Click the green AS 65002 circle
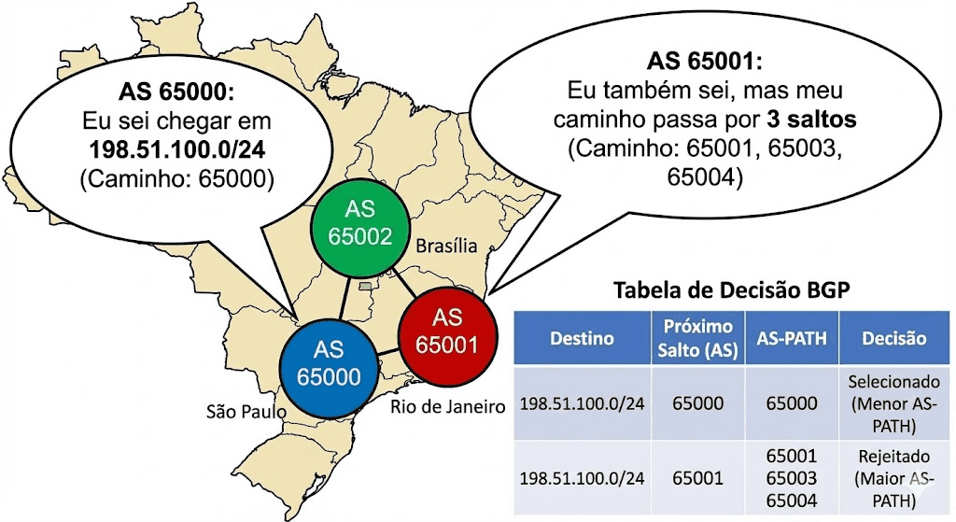353,223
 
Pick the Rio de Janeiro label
445,407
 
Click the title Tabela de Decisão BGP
731,290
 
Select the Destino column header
582,338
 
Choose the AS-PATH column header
791,338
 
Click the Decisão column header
893,338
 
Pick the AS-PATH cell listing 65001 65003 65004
791,478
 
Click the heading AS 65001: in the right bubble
706,63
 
